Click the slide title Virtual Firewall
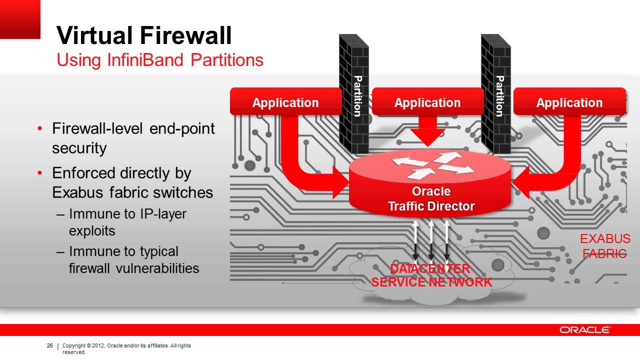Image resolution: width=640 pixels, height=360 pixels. pos(144,36)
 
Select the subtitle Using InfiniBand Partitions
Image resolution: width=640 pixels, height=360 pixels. pos(160,60)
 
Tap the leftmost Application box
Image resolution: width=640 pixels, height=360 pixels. pos(285,102)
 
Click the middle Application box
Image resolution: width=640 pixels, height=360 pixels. pos(427,102)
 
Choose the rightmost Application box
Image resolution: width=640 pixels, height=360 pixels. pos(569,102)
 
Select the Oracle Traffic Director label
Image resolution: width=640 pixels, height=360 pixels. pos(431,199)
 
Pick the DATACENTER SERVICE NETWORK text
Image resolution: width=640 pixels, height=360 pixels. pos(431,275)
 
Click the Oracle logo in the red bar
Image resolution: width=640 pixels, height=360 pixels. pos(584,330)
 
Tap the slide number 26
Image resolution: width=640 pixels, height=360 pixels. pos(49,346)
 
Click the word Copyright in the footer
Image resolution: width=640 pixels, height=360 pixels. pos(73,346)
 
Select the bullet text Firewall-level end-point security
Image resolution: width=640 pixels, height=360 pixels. pos(133,138)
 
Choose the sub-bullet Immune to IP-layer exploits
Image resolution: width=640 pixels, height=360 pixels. pos(127,222)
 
